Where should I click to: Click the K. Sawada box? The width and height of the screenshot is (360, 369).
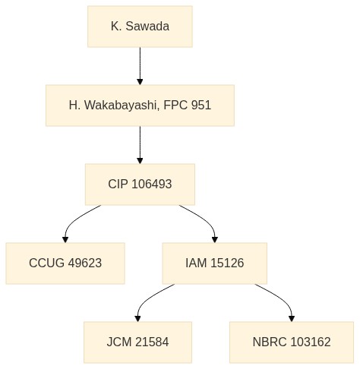tap(140, 27)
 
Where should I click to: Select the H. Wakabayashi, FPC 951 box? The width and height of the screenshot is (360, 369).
tap(140, 106)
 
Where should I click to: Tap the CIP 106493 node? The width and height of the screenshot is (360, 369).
tap(140, 184)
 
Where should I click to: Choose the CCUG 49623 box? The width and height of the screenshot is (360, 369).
tap(65, 263)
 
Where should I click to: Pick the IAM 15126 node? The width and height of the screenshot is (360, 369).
tap(215, 263)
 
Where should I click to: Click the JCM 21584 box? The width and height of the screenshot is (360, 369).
tap(137, 342)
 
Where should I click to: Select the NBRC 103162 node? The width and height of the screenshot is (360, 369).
tap(292, 342)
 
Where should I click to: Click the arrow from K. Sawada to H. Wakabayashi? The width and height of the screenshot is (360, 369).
tap(140, 66)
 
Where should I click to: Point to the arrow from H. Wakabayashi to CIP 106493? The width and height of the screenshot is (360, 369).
tap(140, 145)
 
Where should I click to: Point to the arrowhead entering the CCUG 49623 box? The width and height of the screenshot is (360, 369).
tap(65, 240)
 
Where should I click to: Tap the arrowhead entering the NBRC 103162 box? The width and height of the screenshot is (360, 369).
tap(292, 319)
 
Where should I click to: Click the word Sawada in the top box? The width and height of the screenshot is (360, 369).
tap(147, 27)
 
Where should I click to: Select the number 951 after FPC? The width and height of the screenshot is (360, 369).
tap(201, 105)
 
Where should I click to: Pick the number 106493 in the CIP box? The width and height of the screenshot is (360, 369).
tap(152, 184)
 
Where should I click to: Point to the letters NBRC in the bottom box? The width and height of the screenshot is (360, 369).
tap(270, 342)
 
